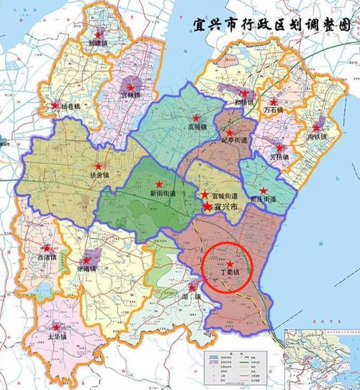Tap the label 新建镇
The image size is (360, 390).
[x=99, y=42]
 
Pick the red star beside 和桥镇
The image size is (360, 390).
[x=245, y=94]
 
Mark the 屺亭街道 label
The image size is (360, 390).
[x=236, y=142]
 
